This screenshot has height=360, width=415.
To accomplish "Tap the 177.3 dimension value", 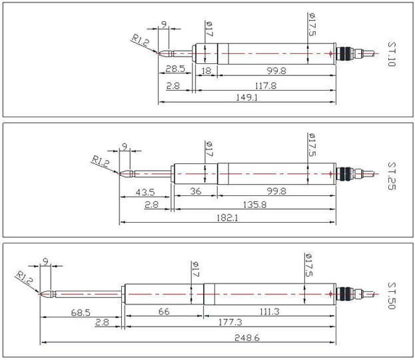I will coord(230,322).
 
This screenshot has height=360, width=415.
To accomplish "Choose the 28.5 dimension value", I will coord(175,69).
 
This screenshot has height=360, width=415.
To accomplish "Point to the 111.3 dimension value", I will coord(268,312).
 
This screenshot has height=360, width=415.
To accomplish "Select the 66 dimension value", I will coord(163,312).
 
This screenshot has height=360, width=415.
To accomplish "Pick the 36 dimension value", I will coord(195,192).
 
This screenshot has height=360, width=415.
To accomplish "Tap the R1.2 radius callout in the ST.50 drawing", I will coord(25,276).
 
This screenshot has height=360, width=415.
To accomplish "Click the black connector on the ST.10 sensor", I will coord(344,52).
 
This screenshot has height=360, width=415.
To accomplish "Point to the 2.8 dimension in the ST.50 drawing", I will coord(102,323).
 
